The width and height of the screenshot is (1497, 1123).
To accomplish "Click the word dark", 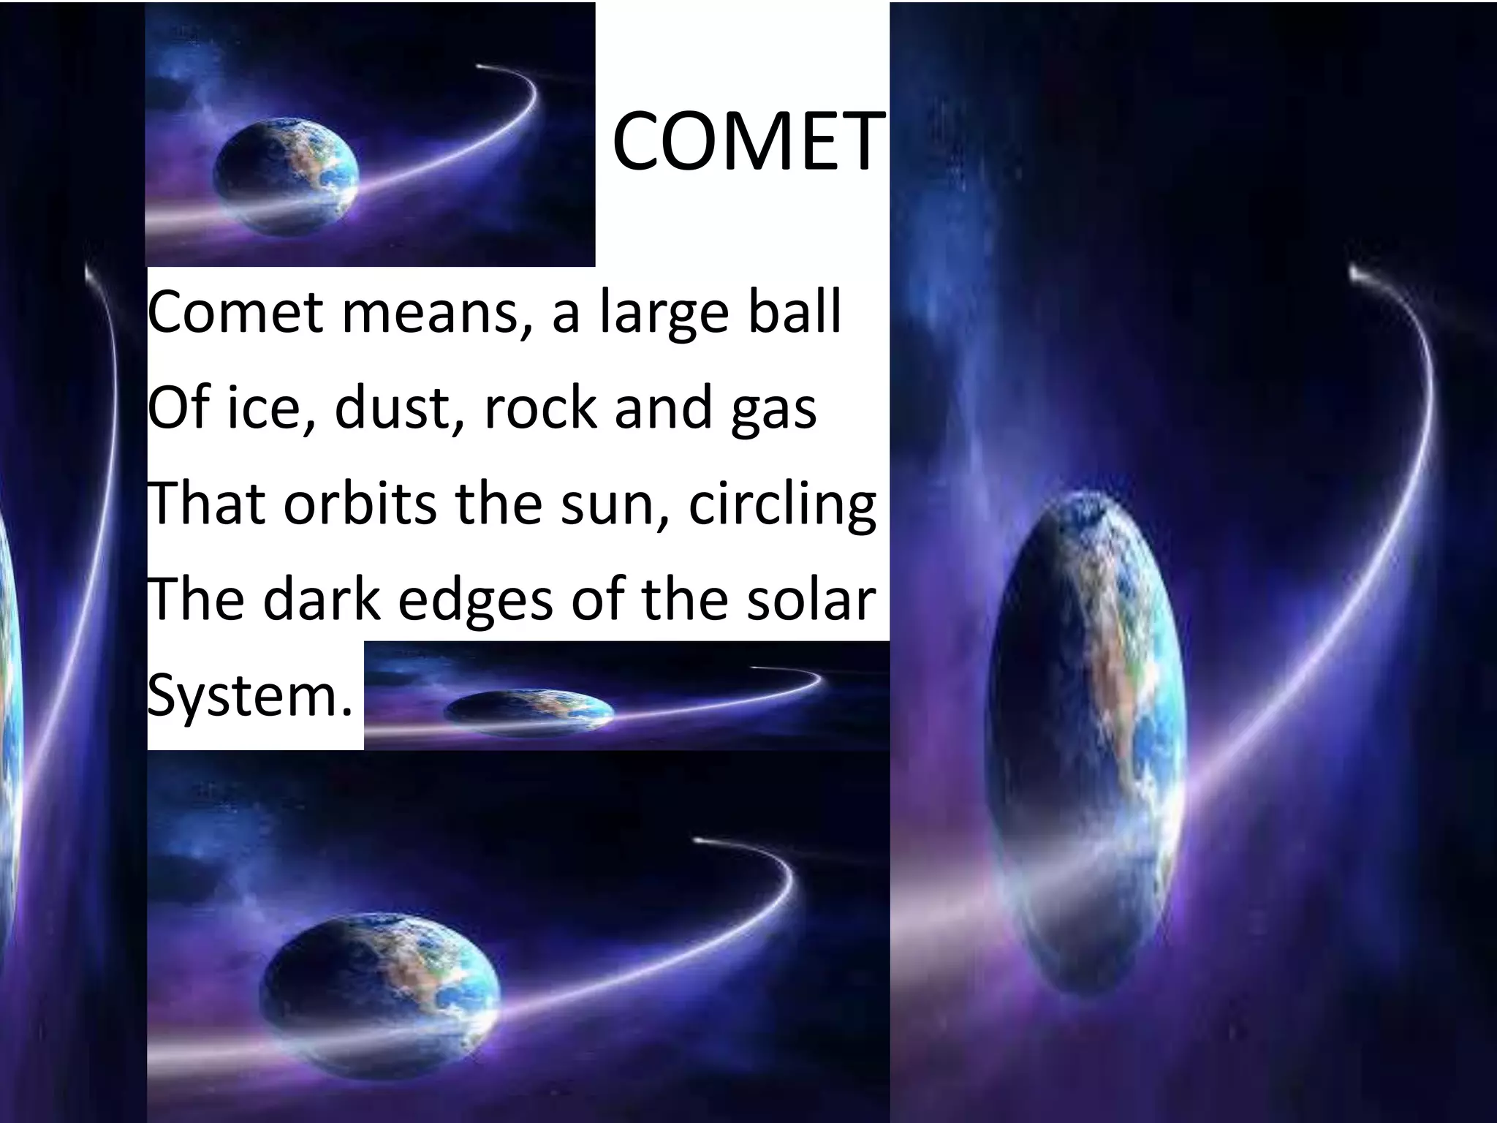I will coord(322,599).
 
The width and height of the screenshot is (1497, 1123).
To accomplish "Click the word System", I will coord(249,697).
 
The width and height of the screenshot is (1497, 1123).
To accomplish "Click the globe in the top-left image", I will coord(287,172).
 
